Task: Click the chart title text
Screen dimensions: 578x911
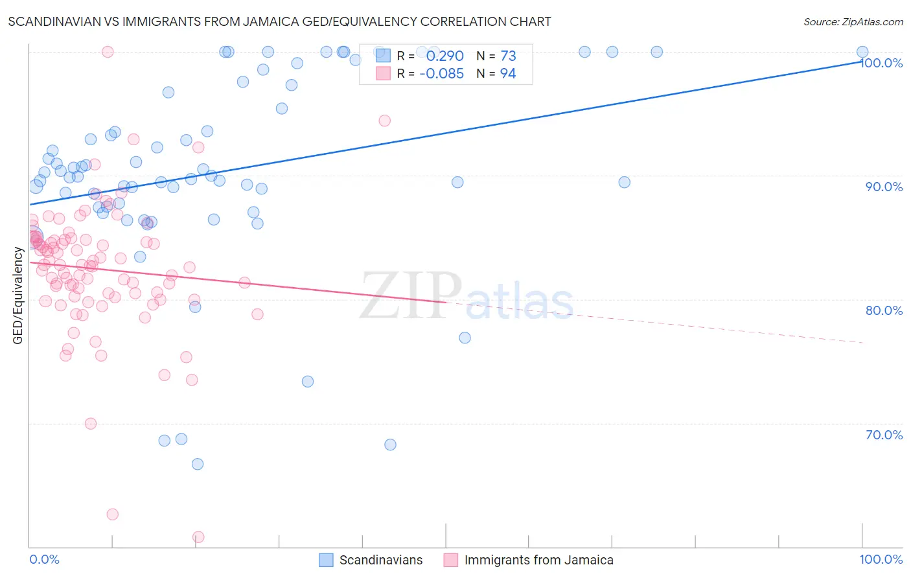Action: (279, 21)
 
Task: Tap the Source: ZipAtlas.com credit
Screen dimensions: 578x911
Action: (853, 21)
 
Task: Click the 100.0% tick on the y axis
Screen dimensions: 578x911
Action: (882, 63)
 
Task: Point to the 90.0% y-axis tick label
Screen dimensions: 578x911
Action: (884, 187)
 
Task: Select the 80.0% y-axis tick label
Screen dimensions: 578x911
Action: (884, 310)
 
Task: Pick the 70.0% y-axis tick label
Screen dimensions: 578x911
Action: (884, 435)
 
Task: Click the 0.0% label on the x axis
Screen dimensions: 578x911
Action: (44, 560)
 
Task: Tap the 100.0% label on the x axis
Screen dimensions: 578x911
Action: (881, 560)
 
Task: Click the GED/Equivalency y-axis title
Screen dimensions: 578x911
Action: (18, 295)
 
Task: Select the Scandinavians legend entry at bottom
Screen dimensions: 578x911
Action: (380, 560)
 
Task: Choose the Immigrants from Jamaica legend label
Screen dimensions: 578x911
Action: (538, 560)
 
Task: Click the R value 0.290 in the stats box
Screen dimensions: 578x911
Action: (444, 56)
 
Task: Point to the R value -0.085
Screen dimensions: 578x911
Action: (441, 74)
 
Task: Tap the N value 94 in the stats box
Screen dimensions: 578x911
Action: (508, 74)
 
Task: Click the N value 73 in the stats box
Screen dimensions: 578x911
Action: (508, 56)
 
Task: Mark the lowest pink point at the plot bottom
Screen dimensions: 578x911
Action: (198, 537)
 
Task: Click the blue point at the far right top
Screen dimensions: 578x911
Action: (862, 52)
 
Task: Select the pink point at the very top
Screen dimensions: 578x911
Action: (108, 52)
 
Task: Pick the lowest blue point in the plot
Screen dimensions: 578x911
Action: (198, 464)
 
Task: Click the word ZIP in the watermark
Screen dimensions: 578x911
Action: (411, 296)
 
